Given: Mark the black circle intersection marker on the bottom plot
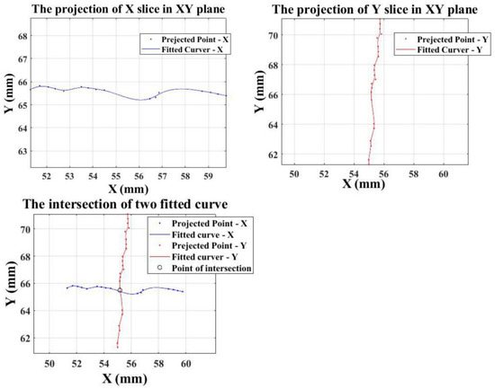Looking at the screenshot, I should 120,290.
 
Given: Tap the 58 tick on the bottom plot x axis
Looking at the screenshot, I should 158,364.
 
